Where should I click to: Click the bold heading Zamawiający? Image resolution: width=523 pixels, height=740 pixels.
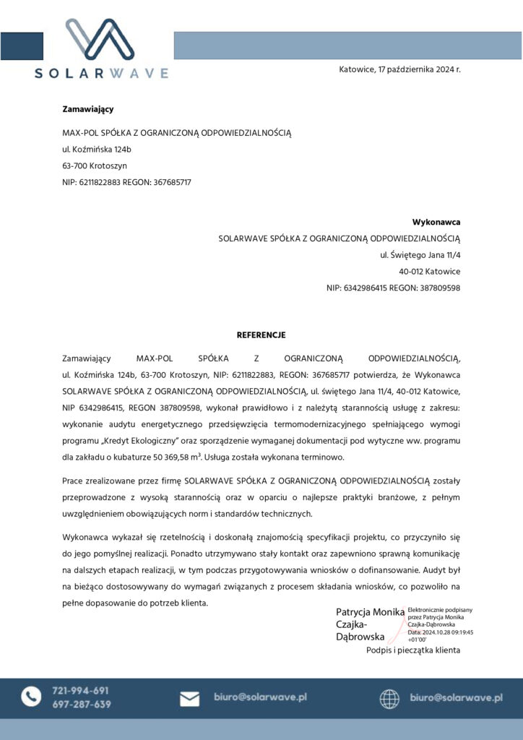pyautogui.click(x=88, y=109)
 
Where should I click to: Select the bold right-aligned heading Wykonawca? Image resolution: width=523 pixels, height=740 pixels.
pyautogui.click(x=436, y=222)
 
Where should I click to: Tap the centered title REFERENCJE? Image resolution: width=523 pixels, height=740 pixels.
pyautogui.click(x=261, y=335)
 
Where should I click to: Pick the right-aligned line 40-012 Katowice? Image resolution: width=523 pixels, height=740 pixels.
pyautogui.click(x=429, y=272)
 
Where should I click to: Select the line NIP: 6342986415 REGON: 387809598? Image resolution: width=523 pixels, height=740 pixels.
pyautogui.click(x=393, y=288)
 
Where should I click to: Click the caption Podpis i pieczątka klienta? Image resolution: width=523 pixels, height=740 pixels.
pyautogui.click(x=412, y=650)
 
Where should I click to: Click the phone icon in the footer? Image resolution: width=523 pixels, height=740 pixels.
pyautogui.click(x=31, y=697)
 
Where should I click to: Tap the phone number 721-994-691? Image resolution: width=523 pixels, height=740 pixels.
pyautogui.click(x=81, y=690)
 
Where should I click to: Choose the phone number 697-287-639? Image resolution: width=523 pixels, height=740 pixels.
pyautogui.click(x=81, y=704)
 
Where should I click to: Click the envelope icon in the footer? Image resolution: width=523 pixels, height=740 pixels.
pyautogui.click(x=189, y=698)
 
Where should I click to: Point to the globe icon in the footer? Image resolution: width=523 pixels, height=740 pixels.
pyautogui.click(x=389, y=698)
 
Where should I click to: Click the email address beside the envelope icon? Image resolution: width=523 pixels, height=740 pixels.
pyautogui.click(x=260, y=697)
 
